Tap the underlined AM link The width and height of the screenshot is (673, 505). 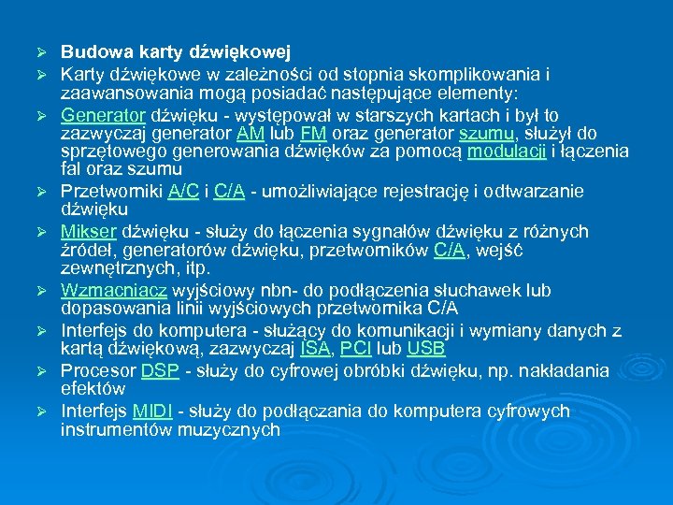[249, 134]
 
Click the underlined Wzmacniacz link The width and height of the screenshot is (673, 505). [113, 290]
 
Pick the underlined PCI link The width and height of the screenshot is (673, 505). [356, 348]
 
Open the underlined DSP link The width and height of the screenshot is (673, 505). [160, 369]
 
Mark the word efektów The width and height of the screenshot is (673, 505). [93, 387]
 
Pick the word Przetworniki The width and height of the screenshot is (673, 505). [111, 191]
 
